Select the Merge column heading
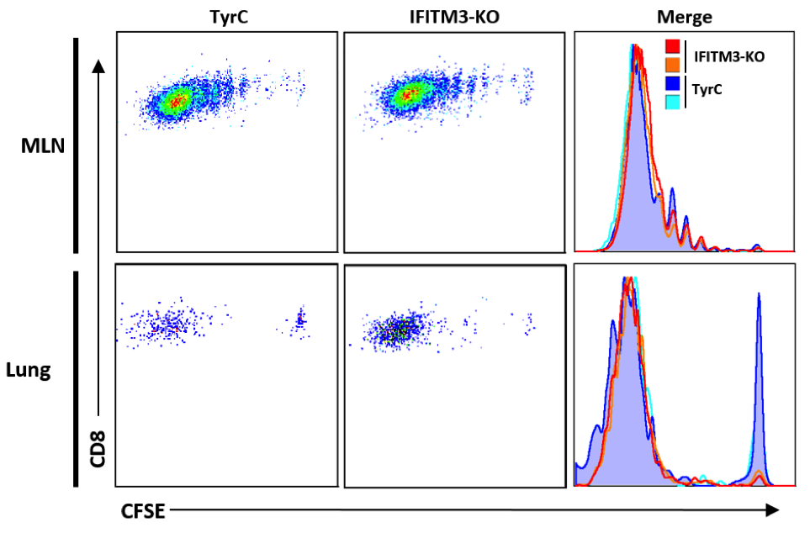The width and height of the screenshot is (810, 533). pyautogui.click(x=685, y=16)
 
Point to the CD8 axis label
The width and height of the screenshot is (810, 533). pyautogui.click(x=98, y=446)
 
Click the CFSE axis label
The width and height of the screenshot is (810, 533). pyautogui.click(x=144, y=510)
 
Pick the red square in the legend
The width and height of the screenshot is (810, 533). pyautogui.click(x=672, y=47)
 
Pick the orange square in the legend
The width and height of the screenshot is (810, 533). pyautogui.click(x=672, y=63)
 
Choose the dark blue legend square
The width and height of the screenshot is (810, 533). pyautogui.click(x=672, y=83)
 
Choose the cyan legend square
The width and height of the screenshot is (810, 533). pyautogui.click(x=672, y=101)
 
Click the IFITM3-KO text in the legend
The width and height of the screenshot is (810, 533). pyautogui.click(x=729, y=57)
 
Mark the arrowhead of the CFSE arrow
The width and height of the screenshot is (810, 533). pyautogui.click(x=772, y=509)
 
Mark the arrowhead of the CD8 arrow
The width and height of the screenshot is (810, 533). pyautogui.click(x=99, y=66)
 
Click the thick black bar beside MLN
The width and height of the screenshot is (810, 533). pyautogui.click(x=77, y=145)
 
